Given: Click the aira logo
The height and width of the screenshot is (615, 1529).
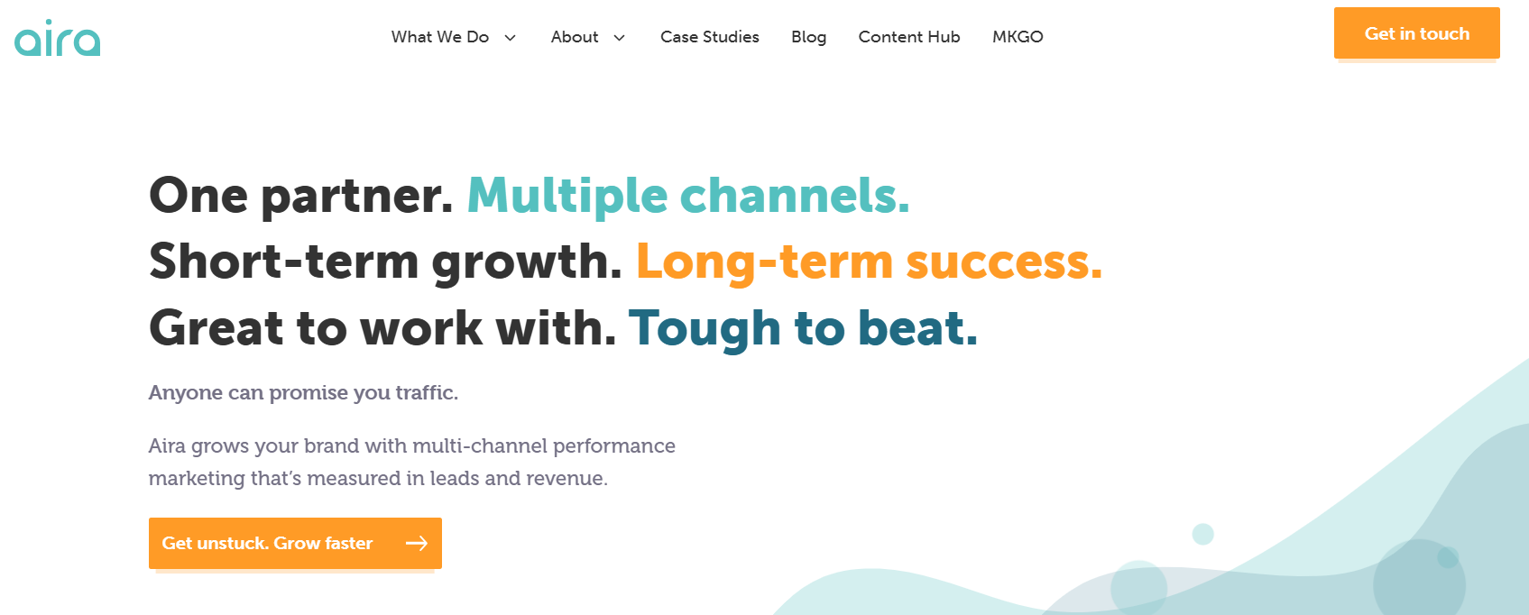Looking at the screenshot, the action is click(x=58, y=38).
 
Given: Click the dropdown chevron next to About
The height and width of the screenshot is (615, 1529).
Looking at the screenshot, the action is click(x=619, y=38).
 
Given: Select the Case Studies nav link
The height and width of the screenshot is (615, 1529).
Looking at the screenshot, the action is click(x=709, y=37).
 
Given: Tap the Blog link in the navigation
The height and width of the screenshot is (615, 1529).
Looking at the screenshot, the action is click(x=809, y=38).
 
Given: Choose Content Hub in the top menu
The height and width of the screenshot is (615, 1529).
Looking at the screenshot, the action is click(x=909, y=37).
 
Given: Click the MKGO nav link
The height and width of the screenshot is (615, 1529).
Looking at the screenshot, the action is click(x=1018, y=37).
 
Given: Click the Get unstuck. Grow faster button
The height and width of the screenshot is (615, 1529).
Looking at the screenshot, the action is click(x=295, y=544).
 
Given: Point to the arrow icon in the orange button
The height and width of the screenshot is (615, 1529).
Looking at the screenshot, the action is click(x=417, y=544).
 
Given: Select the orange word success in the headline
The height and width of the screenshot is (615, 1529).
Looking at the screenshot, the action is click(x=1004, y=262).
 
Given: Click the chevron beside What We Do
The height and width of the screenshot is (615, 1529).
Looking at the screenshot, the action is click(x=510, y=38).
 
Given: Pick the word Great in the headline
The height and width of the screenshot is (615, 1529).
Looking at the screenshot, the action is click(x=216, y=328).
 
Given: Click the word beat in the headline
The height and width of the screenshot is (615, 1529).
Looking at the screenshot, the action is click(x=916, y=328).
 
